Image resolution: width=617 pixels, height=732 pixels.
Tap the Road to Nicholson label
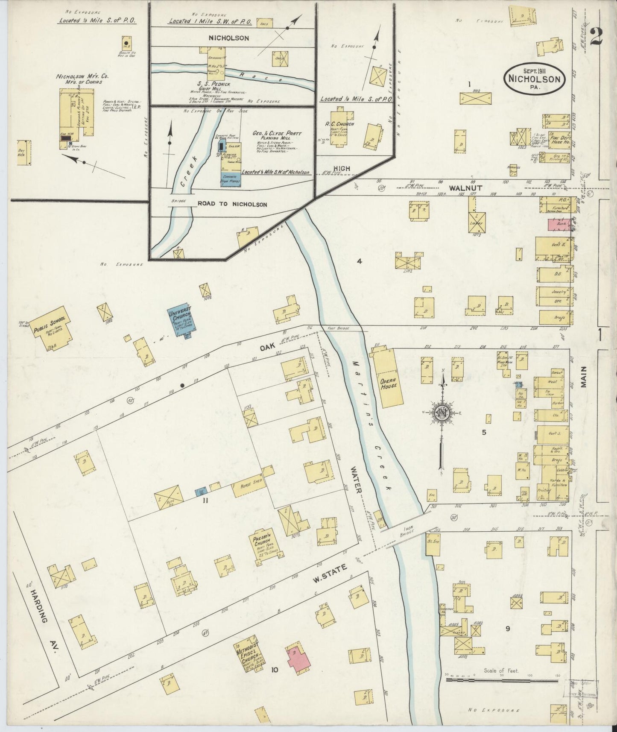(232, 205)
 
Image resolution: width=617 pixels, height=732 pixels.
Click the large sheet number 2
(596, 37)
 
